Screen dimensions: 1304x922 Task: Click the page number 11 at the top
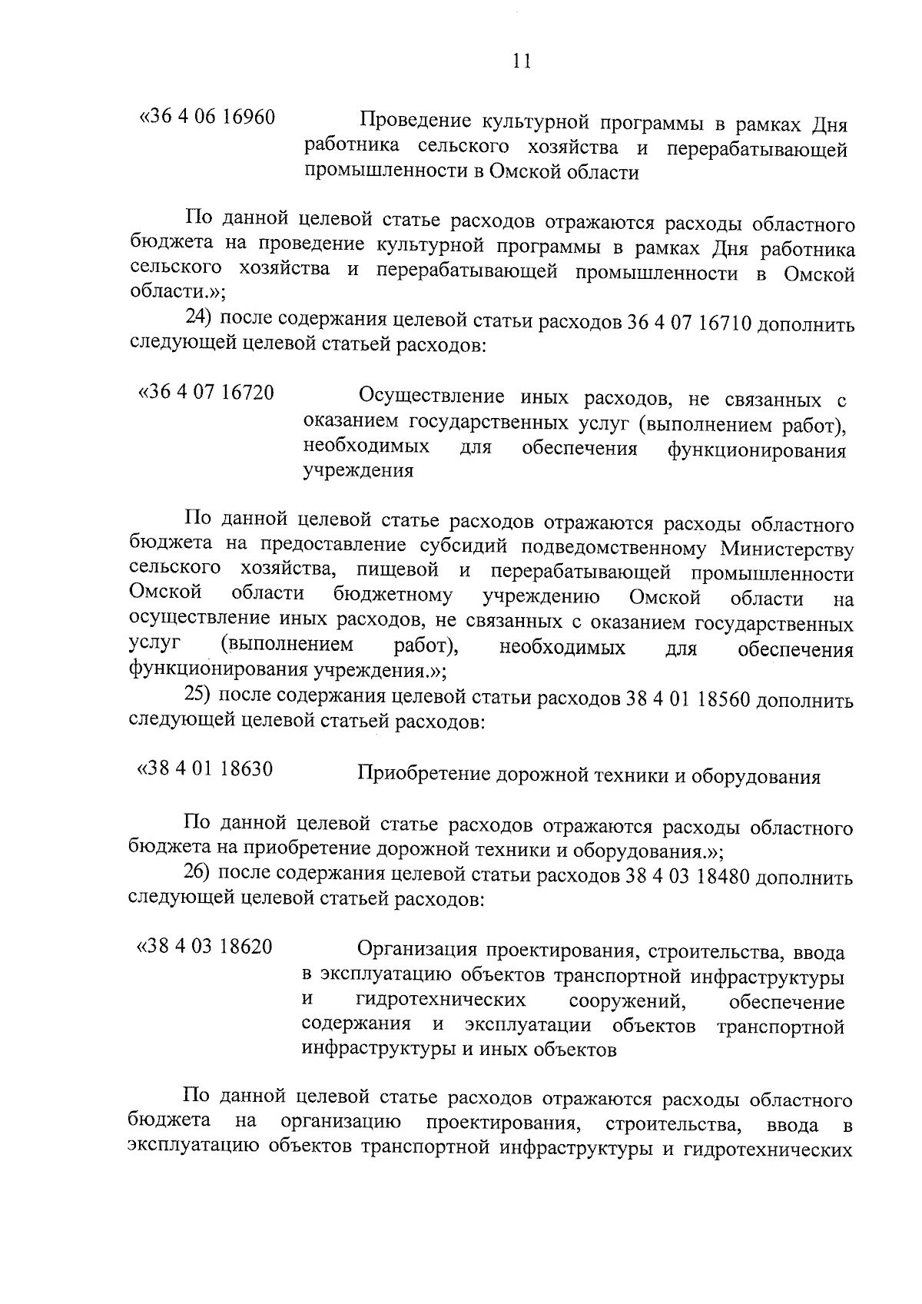521,61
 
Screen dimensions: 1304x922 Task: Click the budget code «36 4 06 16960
206,118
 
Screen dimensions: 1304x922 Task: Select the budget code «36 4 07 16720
206,393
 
